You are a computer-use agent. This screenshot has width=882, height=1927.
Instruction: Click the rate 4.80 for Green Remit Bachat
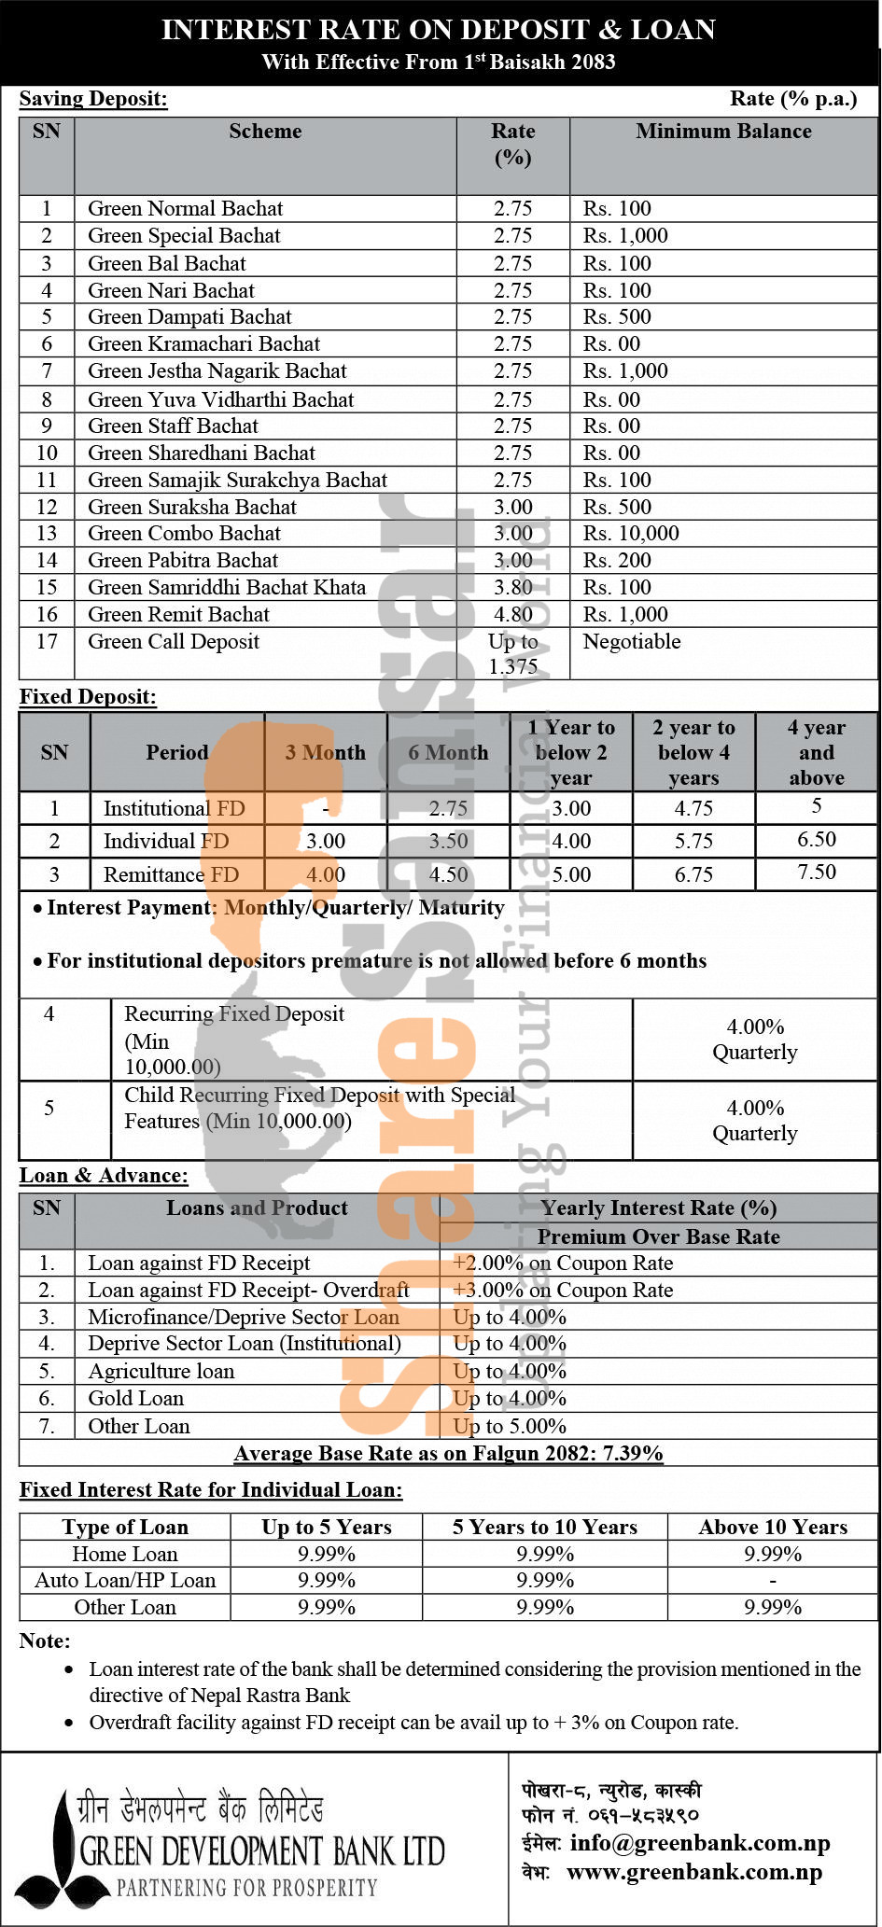(512, 614)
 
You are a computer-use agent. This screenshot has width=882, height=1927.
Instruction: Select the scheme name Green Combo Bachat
(184, 534)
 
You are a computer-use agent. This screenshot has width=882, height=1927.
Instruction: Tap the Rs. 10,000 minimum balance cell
(631, 534)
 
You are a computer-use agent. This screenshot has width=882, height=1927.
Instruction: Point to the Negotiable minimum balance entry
(632, 641)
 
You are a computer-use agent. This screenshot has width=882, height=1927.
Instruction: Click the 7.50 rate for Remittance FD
(816, 873)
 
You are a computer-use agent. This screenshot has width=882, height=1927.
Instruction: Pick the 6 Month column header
(448, 752)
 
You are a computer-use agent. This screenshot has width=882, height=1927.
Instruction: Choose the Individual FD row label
(165, 841)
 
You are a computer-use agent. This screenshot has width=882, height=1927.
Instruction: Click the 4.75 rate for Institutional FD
(693, 808)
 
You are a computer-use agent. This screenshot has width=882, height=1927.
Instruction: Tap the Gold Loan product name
(136, 1398)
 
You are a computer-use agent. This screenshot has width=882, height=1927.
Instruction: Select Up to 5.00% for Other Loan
(510, 1426)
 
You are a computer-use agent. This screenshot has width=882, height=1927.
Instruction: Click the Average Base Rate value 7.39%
(633, 1453)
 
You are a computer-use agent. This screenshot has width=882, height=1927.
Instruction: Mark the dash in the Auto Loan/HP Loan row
(773, 1580)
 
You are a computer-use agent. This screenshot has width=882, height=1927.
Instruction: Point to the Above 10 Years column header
(773, 1527)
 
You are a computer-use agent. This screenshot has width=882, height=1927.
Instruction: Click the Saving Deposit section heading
(93, 99)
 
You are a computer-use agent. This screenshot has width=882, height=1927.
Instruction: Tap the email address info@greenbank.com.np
(699, 1843)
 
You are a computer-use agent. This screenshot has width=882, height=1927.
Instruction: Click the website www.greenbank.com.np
(694, 1872)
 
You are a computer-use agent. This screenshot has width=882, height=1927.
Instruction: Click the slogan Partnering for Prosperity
(246, 1888)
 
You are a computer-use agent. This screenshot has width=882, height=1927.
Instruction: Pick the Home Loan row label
(125, 1554)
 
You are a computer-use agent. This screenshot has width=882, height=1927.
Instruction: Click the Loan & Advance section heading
(104, 1175)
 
